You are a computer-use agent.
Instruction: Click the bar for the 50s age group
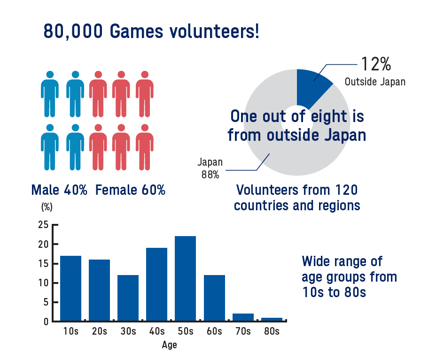(185, 278)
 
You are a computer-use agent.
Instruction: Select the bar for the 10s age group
(70, 288)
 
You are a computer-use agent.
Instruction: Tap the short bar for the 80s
(272, 319)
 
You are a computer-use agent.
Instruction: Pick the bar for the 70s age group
(243, 317)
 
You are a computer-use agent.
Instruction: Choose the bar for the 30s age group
(128, 298)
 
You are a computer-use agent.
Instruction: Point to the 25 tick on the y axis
(44, 224)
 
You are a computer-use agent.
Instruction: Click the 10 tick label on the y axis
(44, 283)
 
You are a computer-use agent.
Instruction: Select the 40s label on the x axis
(157, 331)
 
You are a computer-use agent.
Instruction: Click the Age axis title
(169, 345)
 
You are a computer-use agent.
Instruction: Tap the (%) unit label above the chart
(47, 207)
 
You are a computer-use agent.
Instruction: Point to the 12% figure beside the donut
(376, 64)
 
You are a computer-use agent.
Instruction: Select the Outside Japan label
(375, 82)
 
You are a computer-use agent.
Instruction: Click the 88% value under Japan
(210, 175)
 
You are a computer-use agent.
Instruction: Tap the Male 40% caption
(59, 190)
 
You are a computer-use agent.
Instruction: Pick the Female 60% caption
(131, 190)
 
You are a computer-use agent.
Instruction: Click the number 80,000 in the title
(73, 31)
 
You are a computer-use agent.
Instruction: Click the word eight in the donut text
(329, 117)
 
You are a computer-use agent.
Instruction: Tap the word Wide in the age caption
(316, 261)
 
